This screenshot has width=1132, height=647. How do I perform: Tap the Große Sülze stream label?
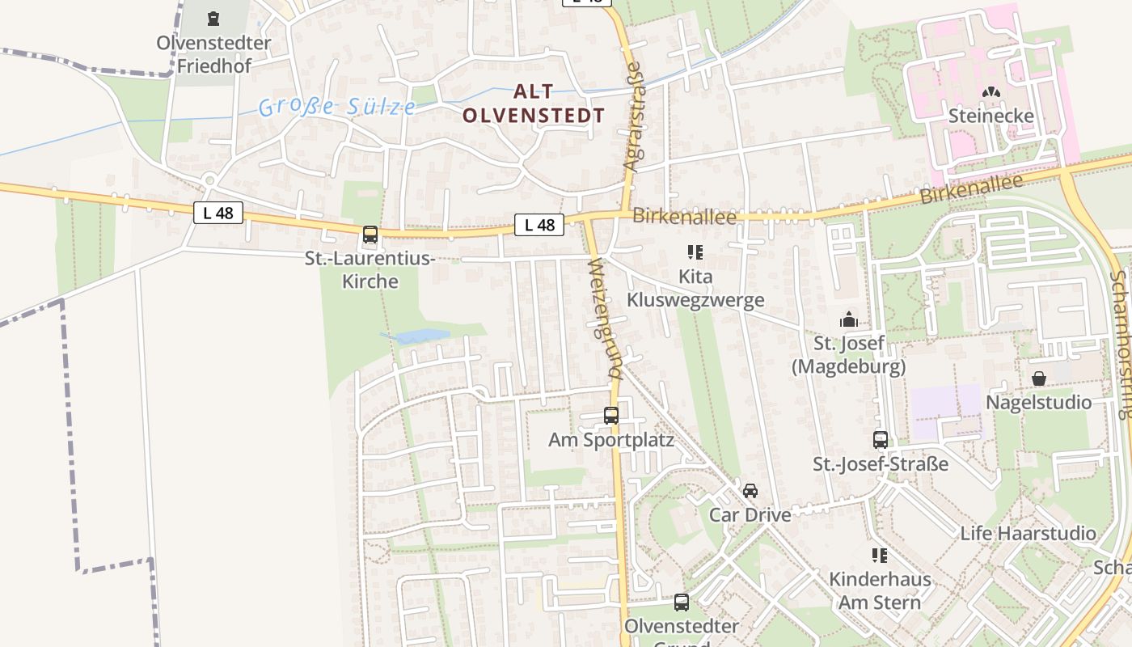pyautogui.click(x=337, y=106)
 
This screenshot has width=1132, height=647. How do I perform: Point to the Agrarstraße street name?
pyautogui.click(x=632, y=116)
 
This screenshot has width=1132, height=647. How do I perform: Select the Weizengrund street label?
pyautogui.click(x=605, y=319)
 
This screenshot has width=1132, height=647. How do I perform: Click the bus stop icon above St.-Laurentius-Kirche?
pyautogui.click(x=370, y=235)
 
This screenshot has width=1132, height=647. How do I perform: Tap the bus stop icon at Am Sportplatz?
pyautogui.click(x=611, y=416)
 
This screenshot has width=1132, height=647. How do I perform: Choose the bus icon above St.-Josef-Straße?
pyautogui.click(x=881, y=440)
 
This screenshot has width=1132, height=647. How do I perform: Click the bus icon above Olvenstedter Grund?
pyautogui.click(x=682, y=603)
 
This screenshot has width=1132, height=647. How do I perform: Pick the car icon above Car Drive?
pyautogui.click(x=750, y=491)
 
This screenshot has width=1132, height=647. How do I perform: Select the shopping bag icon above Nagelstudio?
pyautogui.click(x=1039, y=378)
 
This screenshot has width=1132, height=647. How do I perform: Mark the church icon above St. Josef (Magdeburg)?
pyautogui.click(x=848, y=319)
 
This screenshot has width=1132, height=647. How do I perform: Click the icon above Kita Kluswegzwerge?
pyautogui.click(x=695, y=252)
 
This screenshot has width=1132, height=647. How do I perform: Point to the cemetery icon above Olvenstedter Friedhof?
pyautogui.click(x=213, y=18)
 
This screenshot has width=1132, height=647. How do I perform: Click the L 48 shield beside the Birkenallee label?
pyautogui.click(x=539, y=225)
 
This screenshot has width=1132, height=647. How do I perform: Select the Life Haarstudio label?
pyautogui.click(x=1028, y=533)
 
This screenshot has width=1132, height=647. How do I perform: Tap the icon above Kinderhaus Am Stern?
pyautogui.click(x=880, y=556)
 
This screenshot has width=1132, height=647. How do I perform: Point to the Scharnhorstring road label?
pyautogui.click(x=1121, y=344)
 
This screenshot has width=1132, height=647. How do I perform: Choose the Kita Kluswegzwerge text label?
pyautogui.click(x=695, y=289)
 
